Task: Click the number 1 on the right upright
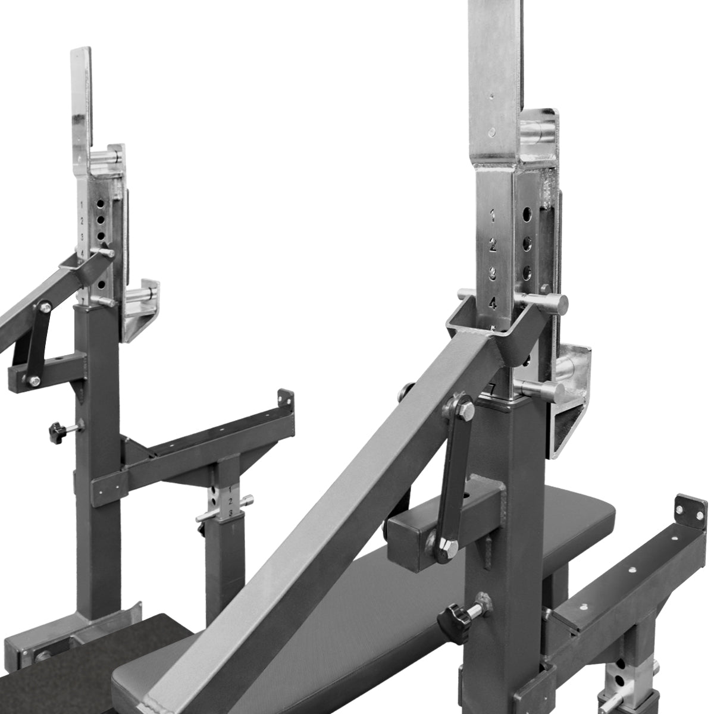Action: pos(493,215)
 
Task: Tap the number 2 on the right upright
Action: pos(493,245)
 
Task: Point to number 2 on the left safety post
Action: pos(230,502)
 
